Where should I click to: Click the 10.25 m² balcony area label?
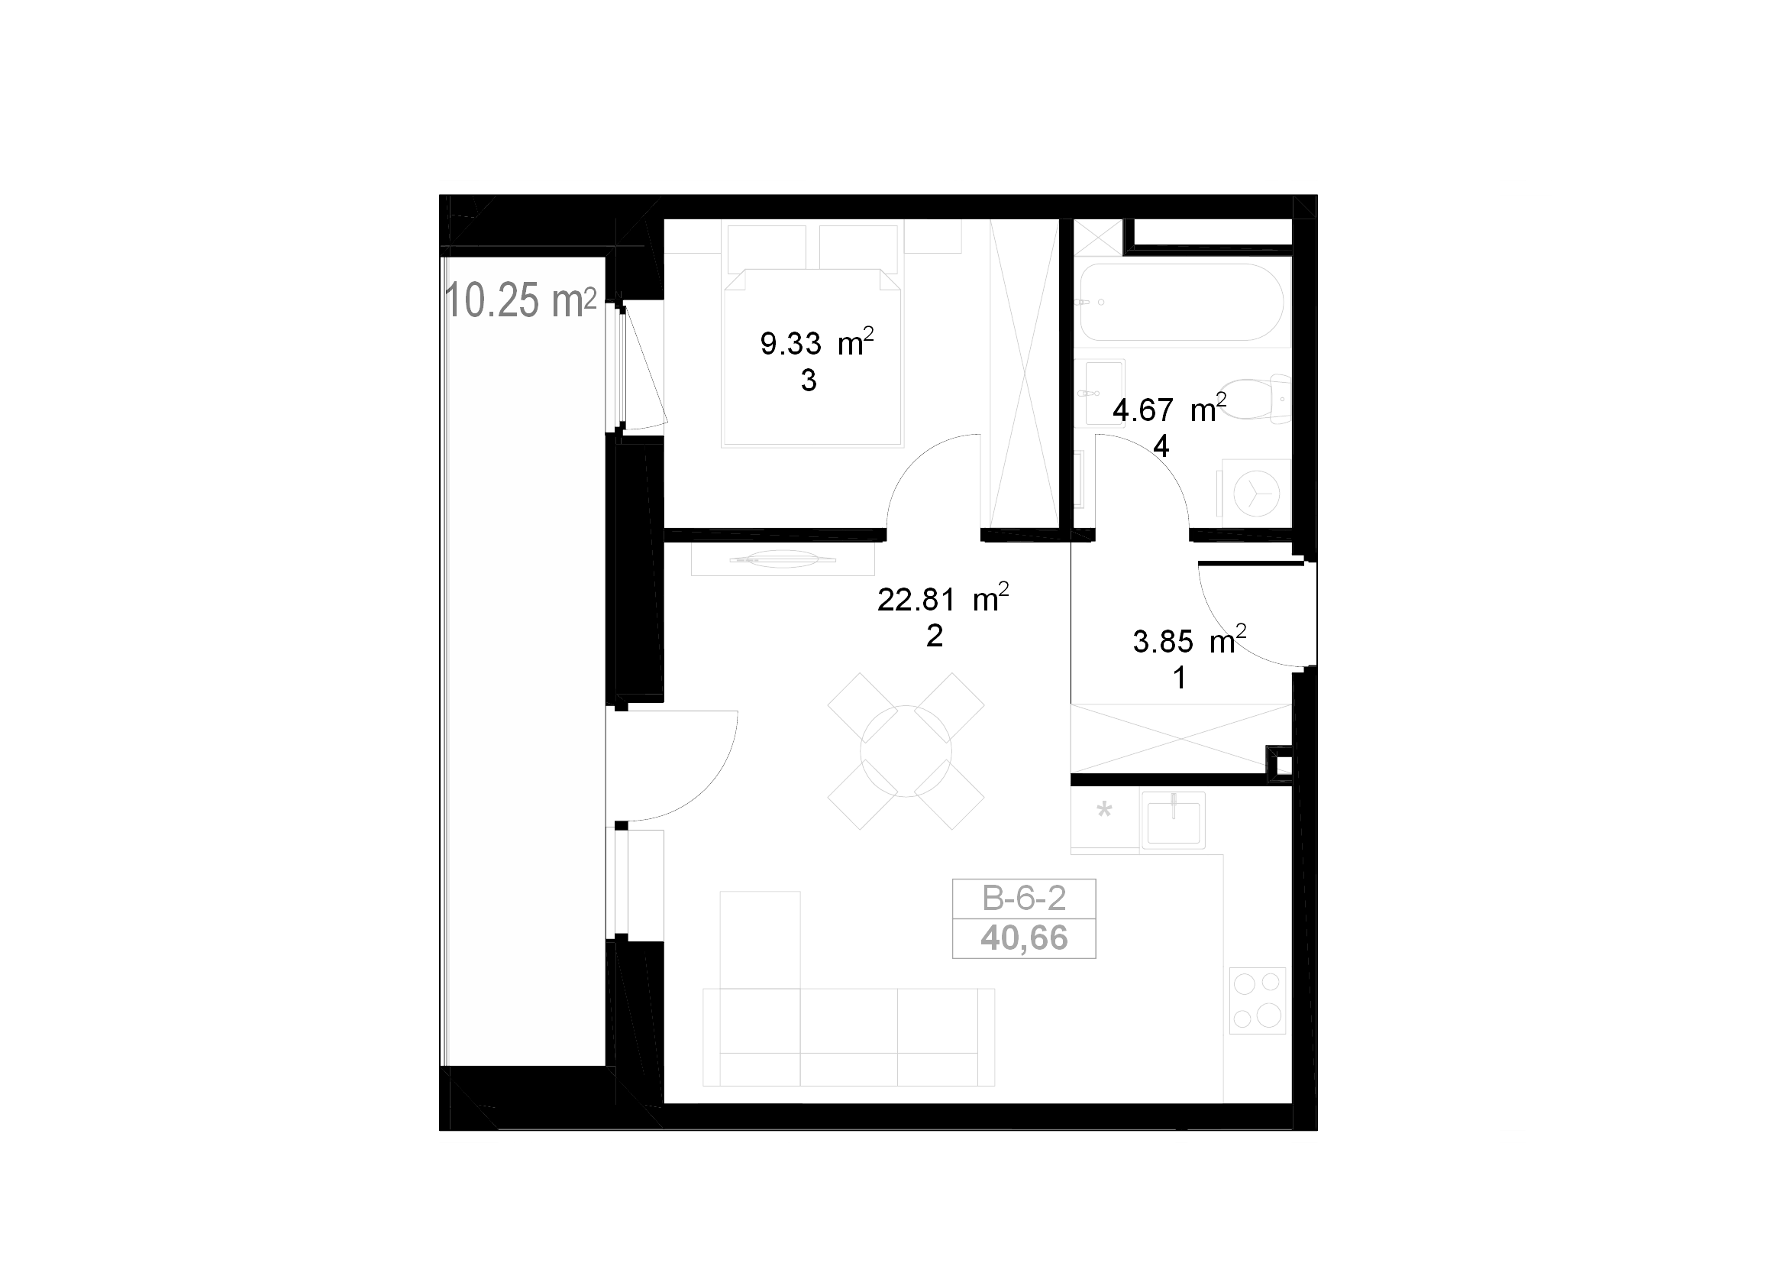[x=521, y=300]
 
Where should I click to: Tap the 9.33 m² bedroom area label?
[x=817, y=342]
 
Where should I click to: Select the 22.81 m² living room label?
[x=943, y=598]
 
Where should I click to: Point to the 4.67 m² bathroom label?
[x=1169, y=409]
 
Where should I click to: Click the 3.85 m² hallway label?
[x=1190, y=640]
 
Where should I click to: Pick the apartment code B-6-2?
[x=1024, y=899]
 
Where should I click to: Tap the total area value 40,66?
[x=1024, y=938]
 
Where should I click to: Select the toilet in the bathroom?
[x=1255, y=399]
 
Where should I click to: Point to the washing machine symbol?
[x=1256, y=494]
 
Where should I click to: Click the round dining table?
[x=906, y=751]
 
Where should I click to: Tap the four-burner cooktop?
[x=1257, y=1001]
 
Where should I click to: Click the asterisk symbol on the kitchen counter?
[x=1104, y=811]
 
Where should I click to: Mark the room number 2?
[x=934, y=636]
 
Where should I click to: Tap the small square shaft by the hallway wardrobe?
[x=1280, y=764]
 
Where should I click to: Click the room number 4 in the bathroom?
[x=1161, y=446]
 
